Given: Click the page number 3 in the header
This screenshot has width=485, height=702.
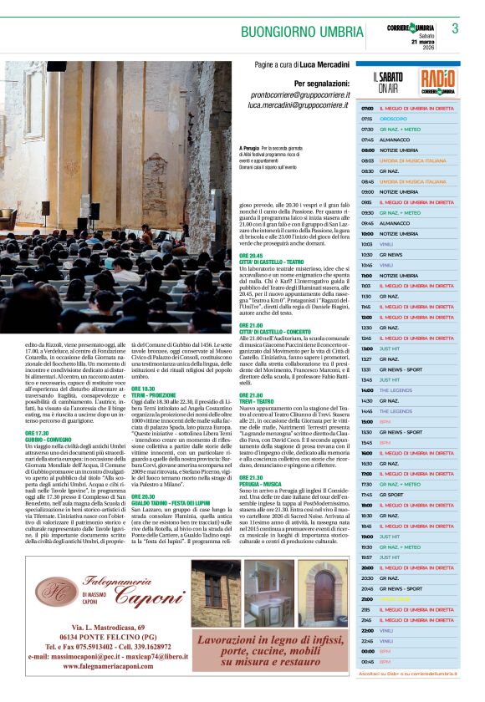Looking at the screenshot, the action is (456, 28).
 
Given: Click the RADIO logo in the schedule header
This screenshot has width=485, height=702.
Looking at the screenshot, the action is (438, 81).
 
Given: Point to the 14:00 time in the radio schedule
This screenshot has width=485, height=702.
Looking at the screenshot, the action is (367, 389).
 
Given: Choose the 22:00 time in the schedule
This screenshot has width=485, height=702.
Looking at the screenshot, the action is (367, 629).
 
